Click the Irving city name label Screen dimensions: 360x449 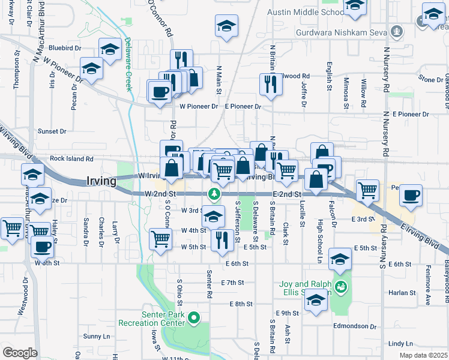[x=106, y=181]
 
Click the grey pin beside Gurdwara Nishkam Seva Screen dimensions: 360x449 [x=396, y=30]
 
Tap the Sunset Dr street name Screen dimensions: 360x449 [x=52, y=131]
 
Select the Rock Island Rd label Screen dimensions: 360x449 [x=72, y=159]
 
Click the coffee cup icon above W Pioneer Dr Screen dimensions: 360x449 [x=159, y=92]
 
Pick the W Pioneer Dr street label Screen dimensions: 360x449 [x=199, y=106]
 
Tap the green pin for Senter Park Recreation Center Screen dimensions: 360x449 [x=193, y=317]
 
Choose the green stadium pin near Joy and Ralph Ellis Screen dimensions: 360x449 [x=341, y=287]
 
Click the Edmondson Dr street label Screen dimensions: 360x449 [x=357, y=326]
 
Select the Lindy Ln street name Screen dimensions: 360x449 [x=400, y=343]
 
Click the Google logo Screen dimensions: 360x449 [x=20, y=352]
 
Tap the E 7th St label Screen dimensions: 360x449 [x=232, y=282]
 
